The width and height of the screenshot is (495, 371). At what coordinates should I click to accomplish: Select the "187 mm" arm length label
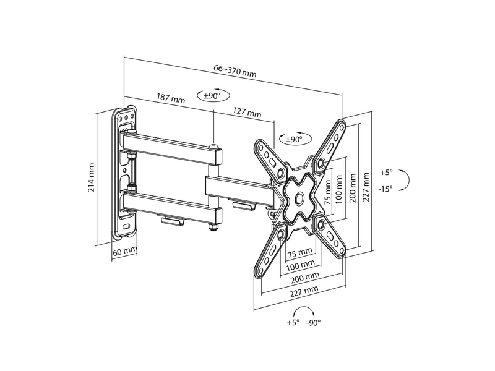pyautogui.click(x=171, y=98)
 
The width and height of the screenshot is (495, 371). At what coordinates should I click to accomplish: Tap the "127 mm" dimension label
pyautogui.click(x=247, y=113)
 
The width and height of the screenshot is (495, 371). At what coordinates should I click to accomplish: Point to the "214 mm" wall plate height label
pyautogui.click(x=92, y=177)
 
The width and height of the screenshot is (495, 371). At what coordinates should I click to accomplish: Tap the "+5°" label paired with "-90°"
pyautogui.click(x=293, y=323)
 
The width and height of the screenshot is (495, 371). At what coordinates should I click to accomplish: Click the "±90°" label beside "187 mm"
pyautogui.click(x=212, y=96)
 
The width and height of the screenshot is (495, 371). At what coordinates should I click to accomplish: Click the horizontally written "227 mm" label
pyautogui.click(x=304, y=289)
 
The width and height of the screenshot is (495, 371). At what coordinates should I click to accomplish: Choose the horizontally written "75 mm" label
pyautogui.click(x=300, y=252)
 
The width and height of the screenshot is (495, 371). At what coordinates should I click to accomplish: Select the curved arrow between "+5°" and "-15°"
pyautogui.click(x=405, y=181)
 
